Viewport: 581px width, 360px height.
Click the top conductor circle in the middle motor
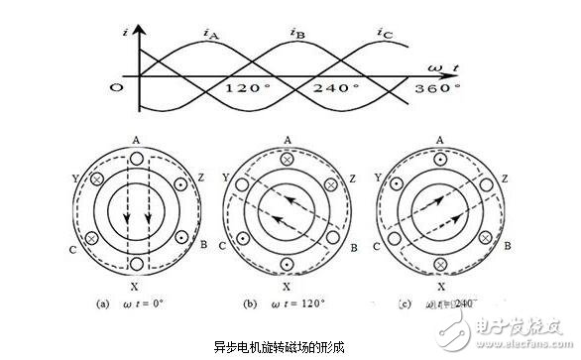(x=288, y=158)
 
